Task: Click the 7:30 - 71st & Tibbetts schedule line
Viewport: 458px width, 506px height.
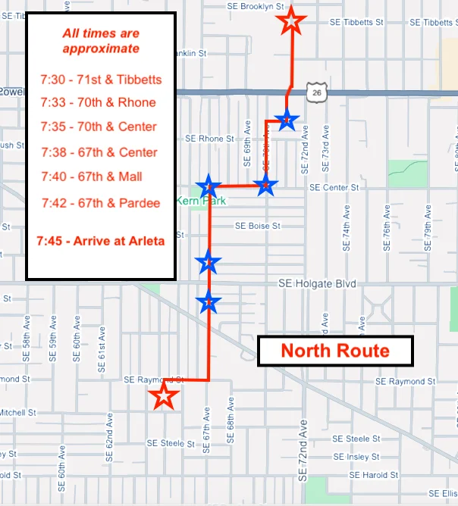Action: [x=101, y=80]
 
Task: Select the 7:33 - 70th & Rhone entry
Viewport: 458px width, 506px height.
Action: [x=98, y=103]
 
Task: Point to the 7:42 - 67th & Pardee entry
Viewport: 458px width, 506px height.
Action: [x=101, y=203]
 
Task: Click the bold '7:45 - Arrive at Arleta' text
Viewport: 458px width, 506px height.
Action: [x=101, y=242]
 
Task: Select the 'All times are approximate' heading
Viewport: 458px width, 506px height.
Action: [x=101, y=41]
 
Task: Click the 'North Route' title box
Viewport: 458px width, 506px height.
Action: [x=335, y=351]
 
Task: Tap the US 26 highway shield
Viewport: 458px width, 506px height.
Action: [x=315, y=92]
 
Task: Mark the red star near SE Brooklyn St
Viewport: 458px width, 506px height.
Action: [x=291, y=21]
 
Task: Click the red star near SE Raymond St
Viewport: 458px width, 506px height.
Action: [x=163, y=395]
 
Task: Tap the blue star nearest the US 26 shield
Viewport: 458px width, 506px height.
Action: [x=287, y=119]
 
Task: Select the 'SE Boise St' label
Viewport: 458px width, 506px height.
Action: [x=258, y=226]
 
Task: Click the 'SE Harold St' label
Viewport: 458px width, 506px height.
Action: [x=375, y=475]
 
